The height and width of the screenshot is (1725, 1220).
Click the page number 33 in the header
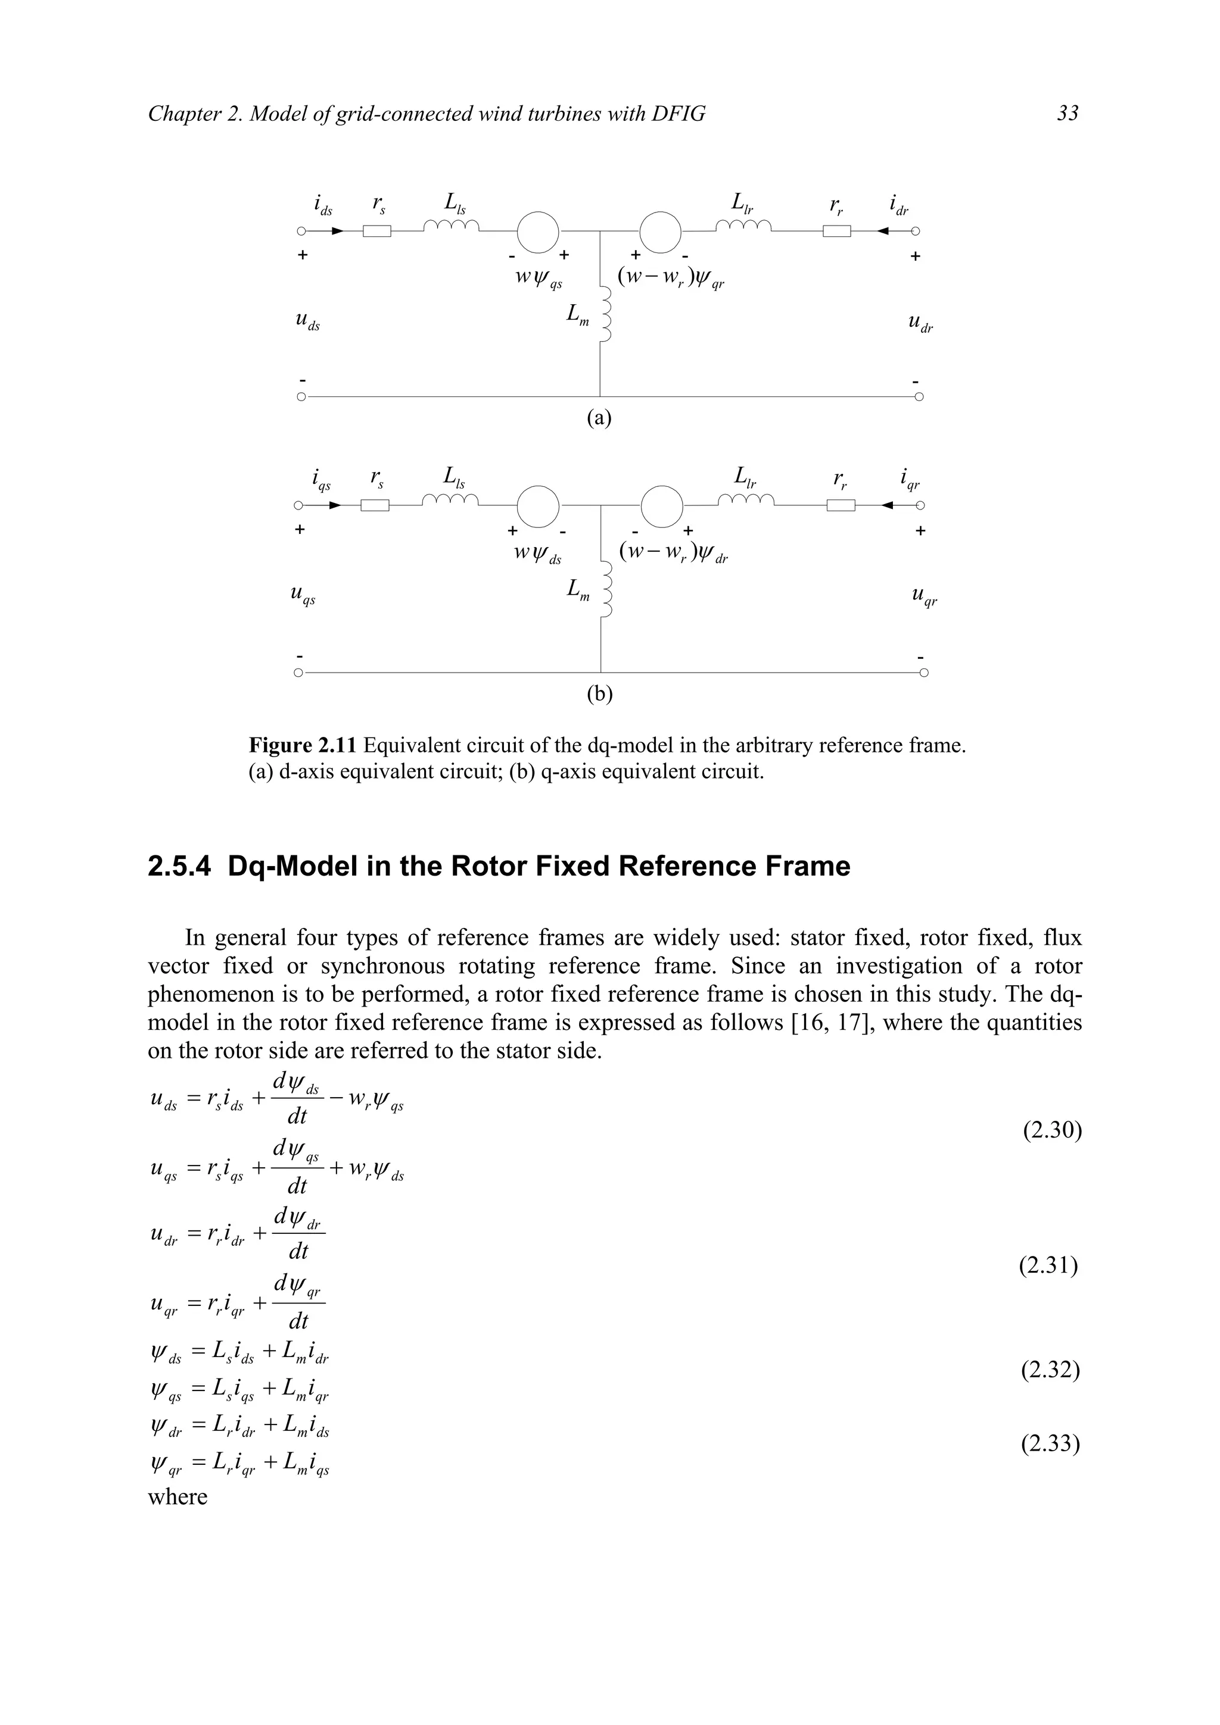pos(1067,114)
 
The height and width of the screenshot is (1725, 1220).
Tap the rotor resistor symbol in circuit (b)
pos(841,505)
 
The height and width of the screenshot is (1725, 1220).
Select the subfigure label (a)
pos(599,418)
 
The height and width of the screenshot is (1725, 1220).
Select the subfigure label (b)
pos(599,693)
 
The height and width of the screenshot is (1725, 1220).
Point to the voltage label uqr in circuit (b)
pos(924,597)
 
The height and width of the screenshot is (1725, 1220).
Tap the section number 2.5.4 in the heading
pos(181,866)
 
